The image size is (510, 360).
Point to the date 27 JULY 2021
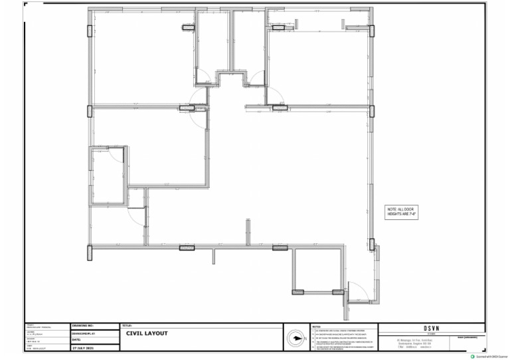84,347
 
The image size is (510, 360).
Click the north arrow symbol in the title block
294,339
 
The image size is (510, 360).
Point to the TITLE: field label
127,325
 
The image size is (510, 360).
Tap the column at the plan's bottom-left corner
90,252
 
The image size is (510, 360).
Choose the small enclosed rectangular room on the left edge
108,175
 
